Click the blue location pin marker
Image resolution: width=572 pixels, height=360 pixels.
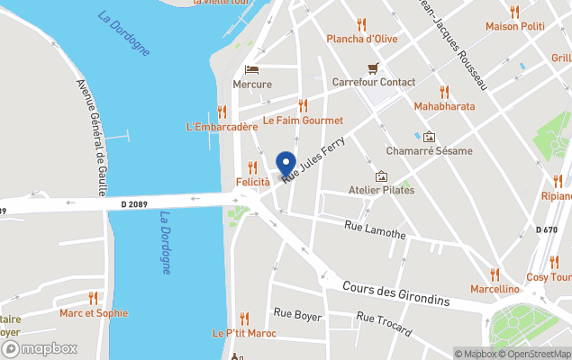pyautogui.click(x=286, y=164)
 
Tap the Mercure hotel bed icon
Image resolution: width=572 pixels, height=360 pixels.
pyautogui.click(x=251, y=70)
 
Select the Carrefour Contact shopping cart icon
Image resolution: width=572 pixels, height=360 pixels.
pyautogui.click(x=373, y=67)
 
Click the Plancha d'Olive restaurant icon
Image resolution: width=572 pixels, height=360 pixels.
pyautogui.click(x=362, y=23)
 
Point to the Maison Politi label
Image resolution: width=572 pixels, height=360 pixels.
pyautogui.click(x=514, y=26)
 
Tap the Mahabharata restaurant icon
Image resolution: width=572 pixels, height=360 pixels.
pyautogui.click(x=444, y=92)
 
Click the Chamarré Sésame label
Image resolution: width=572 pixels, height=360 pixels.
pyautogui.click(x=429, y=150)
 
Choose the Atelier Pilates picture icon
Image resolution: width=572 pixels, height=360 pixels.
pyautogui.click(x=382, y=176)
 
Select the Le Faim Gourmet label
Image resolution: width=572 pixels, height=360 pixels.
pyautogui.click(x=303, y=120)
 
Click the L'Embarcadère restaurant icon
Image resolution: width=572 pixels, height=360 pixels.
pyautogui.click(x=222, y=112)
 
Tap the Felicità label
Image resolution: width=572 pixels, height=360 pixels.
pyautogui.click(x=252, y=182)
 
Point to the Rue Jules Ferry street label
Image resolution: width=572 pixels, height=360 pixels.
pyautogui.click(x=313, y=156)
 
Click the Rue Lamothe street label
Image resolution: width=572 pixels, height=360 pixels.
pyautogui.click(x=375, y=230)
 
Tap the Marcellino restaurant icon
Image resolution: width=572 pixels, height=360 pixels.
pyautogui.click(x=495, y=274)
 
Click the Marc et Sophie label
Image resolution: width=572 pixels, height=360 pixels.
pyautogui.click(x=93, y=313)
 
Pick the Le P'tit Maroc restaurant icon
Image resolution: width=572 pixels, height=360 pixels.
pyautogui.click(x=244, y=319)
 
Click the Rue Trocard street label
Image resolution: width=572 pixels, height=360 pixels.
pyautogui.click(x=383, y=321)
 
